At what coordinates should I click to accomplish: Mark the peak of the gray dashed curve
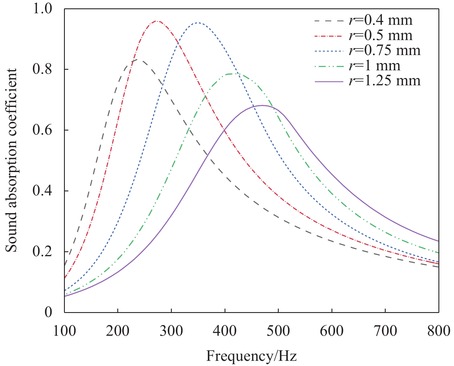coord(138,60)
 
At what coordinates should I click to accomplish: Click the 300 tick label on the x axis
coord(171,331)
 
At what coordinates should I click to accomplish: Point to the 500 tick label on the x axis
coord(278,331)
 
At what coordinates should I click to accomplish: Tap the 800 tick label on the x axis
coord(438,331)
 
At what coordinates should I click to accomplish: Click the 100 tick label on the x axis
coord(65,331)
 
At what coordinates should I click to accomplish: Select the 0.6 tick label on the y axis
coord(42,130)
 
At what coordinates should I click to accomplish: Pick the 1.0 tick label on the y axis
coord(42,9)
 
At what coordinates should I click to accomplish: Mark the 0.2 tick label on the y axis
coord(42,252)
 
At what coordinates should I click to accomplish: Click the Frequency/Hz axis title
coord(251,356)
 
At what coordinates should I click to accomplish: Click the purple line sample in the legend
coord(329,82)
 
